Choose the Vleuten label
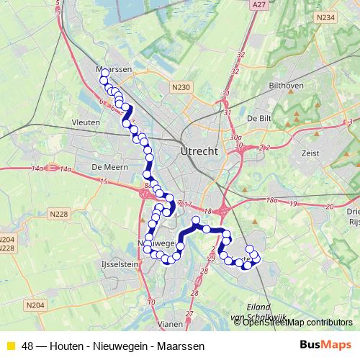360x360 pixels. [x=86, y=123]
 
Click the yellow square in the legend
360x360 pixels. [x=10, y=346]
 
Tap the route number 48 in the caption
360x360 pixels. [x=28, y=346]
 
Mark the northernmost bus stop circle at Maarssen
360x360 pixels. [x=104, y=73]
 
